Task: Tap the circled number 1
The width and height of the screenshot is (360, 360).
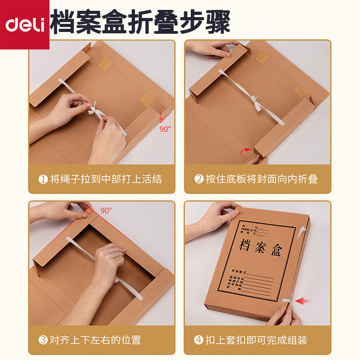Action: (43, 179)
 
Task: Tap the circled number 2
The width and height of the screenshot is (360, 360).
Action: (199, 179)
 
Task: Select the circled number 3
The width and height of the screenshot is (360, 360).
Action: (43, 340)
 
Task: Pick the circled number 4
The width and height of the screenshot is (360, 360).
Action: (199, 340)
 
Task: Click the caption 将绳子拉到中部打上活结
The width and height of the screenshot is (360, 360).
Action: (105, 179)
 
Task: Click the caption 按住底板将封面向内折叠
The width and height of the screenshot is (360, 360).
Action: (262, 179)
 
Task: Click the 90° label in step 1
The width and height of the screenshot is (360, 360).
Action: (166, 129)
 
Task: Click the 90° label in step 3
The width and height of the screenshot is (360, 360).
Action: (106, 210)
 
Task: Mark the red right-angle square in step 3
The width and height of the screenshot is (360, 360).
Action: (90, 211)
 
